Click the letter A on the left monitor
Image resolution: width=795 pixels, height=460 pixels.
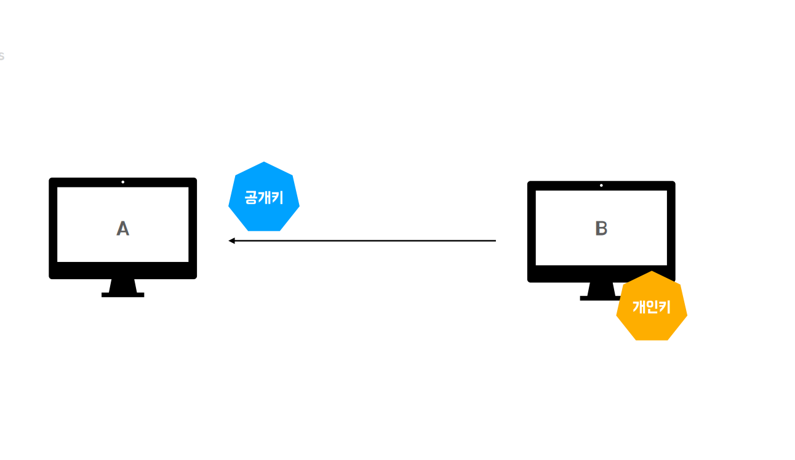tap(123, 229)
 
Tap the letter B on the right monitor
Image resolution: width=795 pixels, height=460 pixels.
tap(601, 229)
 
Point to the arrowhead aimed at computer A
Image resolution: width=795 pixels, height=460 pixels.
tap(232, 240)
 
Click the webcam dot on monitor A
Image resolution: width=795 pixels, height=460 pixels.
tap(123, 182)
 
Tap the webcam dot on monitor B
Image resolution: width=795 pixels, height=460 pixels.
tap(601, 185)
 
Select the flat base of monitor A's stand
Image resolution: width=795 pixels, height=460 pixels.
tap(123, 295)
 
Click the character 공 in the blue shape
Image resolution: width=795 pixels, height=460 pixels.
tap(251, 198)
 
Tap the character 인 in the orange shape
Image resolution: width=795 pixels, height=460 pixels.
tap(652, 306)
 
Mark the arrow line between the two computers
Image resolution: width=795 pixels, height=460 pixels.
tap(363, 240)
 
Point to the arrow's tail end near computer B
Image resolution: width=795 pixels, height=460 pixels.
tap(494, 240)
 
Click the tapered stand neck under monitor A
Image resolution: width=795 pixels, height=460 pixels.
tap(123, 285)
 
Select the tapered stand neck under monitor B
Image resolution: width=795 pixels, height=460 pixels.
tap(601, 289)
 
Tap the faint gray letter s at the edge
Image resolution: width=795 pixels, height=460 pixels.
tap(1, 56)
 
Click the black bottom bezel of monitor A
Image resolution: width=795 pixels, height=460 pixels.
tap(123, 271)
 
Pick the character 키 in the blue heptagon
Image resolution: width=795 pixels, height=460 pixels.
tap(277, 198)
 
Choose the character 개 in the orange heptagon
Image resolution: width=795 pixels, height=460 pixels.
tap(639, 306)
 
